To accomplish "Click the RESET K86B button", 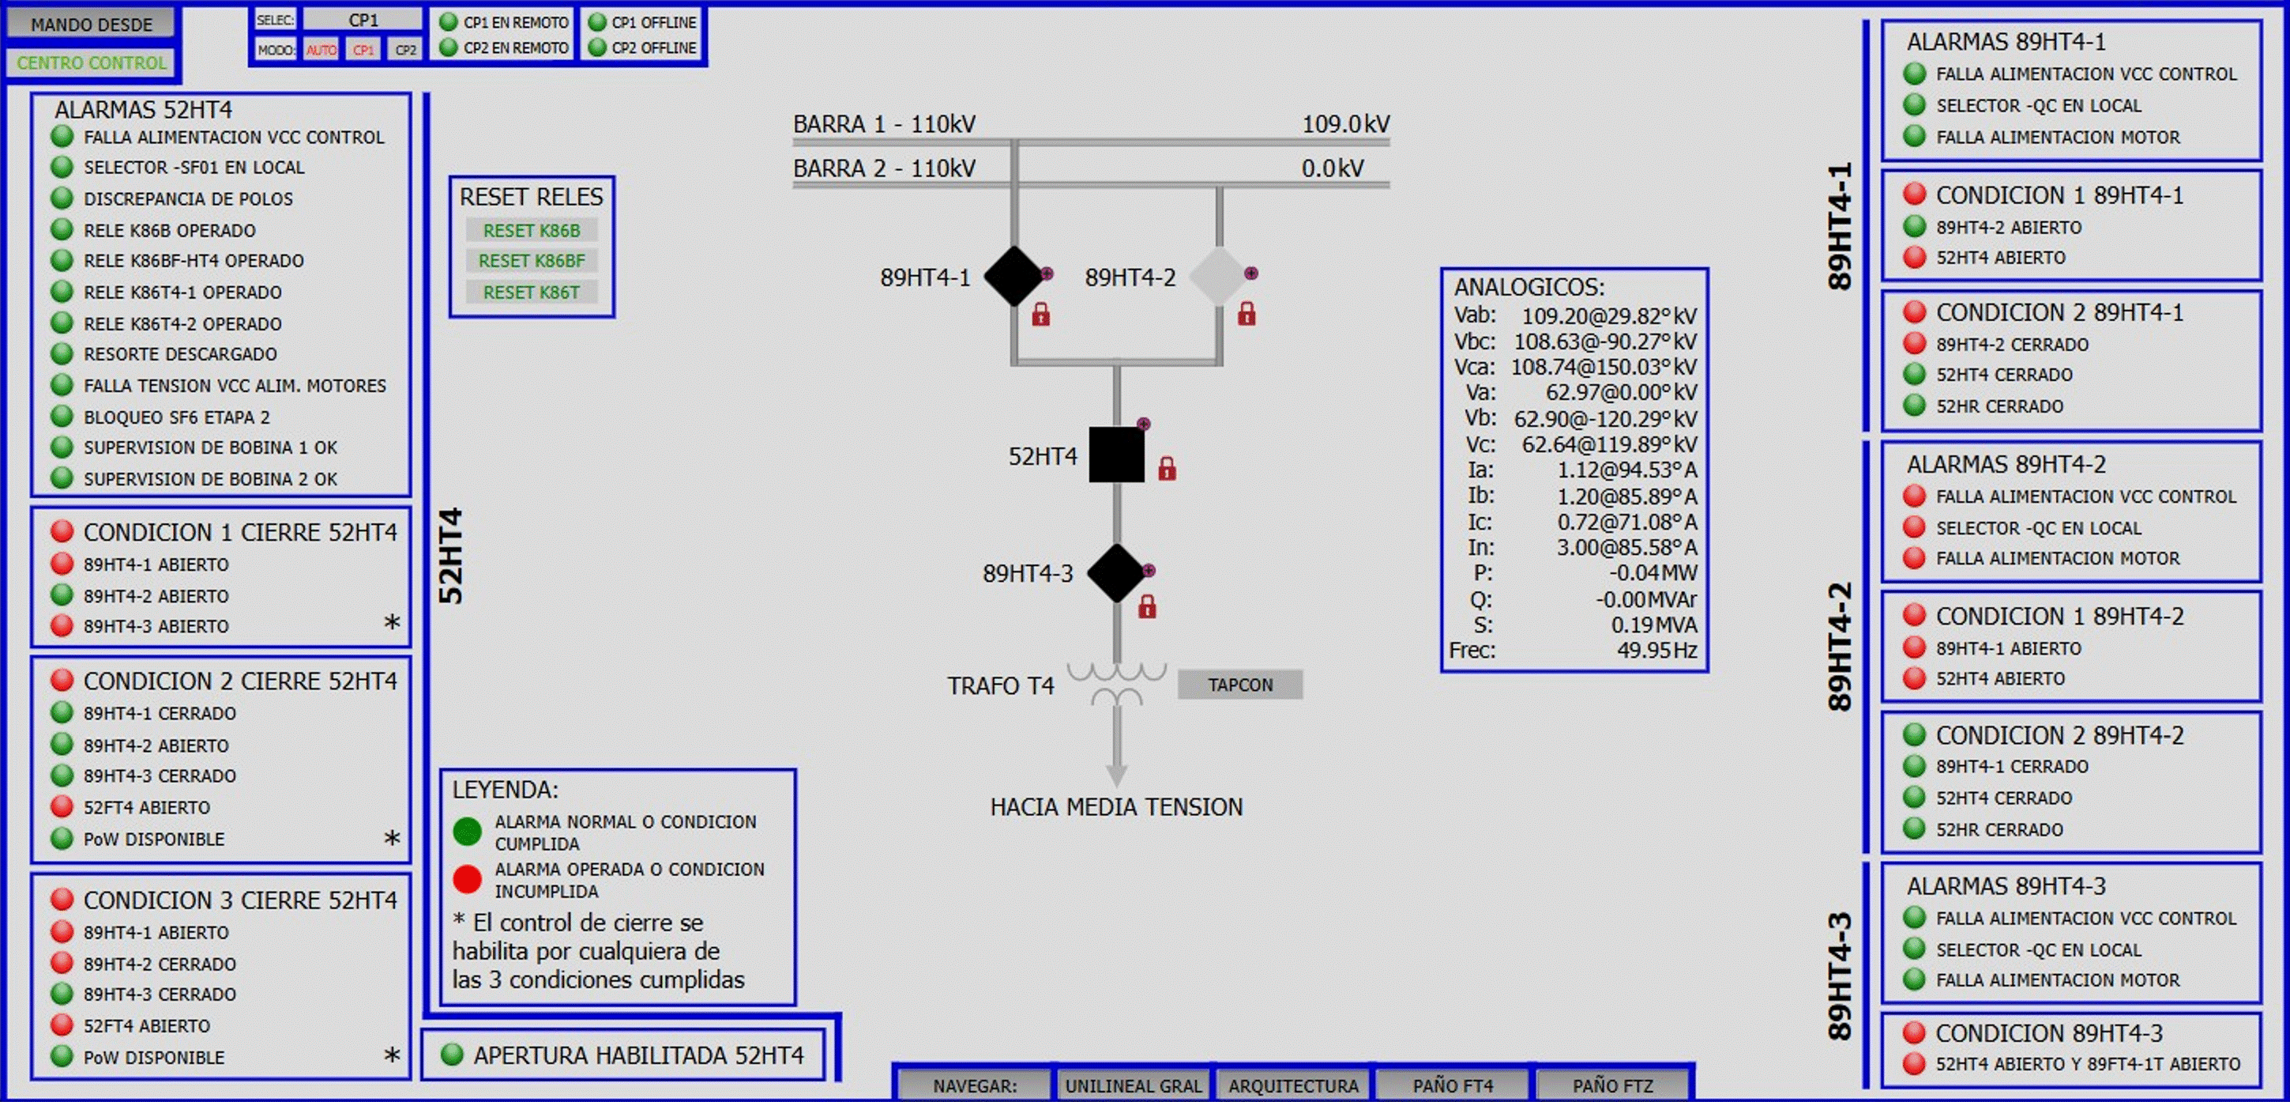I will (531, 230).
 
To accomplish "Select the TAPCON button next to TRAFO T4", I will (1239, 685).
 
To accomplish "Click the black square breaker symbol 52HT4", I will (1116, 455).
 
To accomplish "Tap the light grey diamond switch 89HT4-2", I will (1220, 277).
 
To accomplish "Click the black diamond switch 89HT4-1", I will (1013, 277).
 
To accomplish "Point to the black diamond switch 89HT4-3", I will (1116, 573).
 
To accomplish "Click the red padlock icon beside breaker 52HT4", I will (1168, 469).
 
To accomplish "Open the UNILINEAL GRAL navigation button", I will (1133, 1085).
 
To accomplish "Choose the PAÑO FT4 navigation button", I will (1453, 1085).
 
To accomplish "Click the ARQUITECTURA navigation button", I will (1293, 1085).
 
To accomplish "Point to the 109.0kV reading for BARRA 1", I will (1345, 125).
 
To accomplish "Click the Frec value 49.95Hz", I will (1657, 650).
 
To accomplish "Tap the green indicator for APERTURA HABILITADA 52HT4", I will (453, 1055).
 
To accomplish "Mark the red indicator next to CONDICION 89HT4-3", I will (1914, 1032).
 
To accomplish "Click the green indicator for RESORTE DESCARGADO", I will (62, 354).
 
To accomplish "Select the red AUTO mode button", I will (321, 50).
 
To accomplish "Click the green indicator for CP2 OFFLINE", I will (597, 47).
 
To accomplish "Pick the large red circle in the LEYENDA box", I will (467, 879).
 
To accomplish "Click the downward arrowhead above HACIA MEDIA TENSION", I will (1116, 774).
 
